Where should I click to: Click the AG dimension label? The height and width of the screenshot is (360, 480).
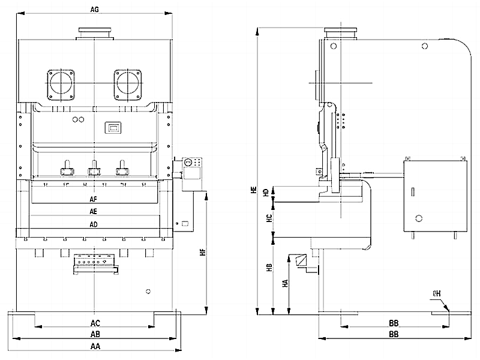coord(94,10)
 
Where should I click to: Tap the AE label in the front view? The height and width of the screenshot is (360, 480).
coord(94,212)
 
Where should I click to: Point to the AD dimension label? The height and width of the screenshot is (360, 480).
coord(94,224)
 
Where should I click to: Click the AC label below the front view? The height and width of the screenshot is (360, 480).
coord(94,323)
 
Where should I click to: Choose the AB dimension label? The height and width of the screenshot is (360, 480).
coord(94,334)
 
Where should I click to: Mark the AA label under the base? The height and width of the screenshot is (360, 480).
coord(94,347)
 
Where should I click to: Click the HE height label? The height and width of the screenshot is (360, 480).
coord(254,190)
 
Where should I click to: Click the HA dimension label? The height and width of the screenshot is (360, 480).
coord(284,283)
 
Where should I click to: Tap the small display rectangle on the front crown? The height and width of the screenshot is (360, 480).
coord(112,127)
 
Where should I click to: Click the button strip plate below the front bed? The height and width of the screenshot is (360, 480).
coord(94,262)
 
